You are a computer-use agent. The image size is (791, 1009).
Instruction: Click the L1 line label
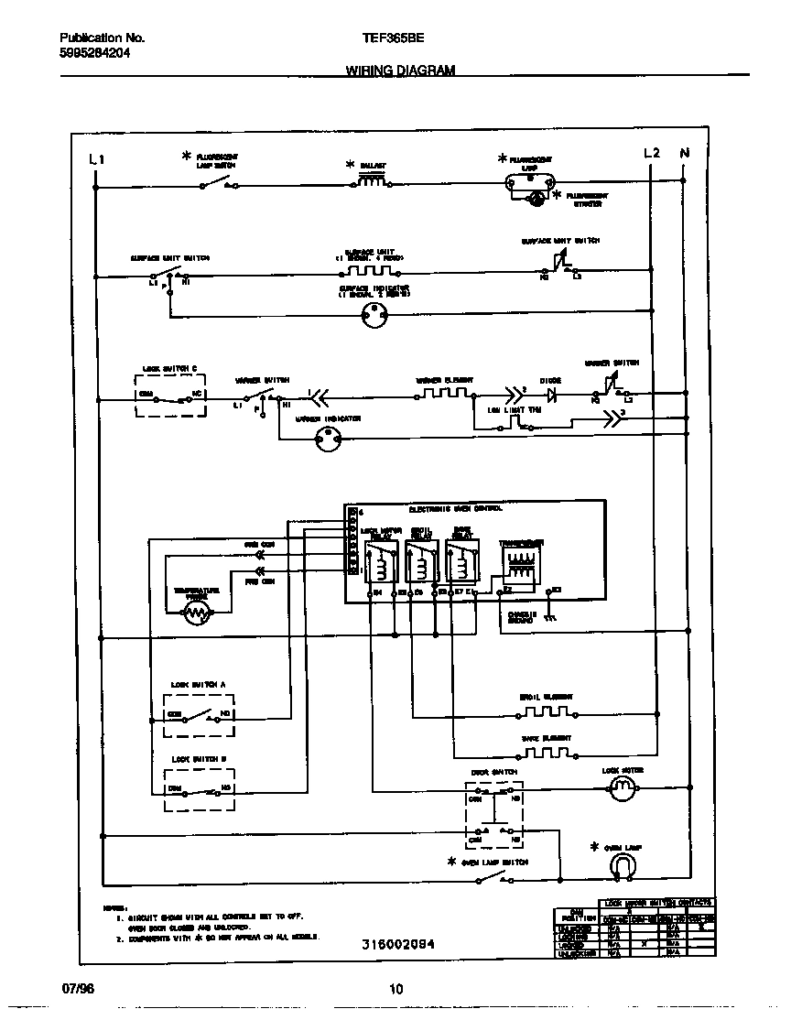pos(97,159)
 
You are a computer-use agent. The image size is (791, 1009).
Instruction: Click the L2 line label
pos(651,153)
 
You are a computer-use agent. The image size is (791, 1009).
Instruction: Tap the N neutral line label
pos(684,153)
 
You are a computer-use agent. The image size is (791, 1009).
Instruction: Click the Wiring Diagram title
pos(400,70)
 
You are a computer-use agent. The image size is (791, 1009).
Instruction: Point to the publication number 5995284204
pos(94,54)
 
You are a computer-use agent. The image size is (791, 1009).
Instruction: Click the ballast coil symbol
pos(371,182)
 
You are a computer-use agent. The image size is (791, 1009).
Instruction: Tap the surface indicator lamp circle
pos(374,318)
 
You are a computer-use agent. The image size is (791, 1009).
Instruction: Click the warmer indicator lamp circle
pos(327,440)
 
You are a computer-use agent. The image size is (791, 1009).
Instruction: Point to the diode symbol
pos(551,396)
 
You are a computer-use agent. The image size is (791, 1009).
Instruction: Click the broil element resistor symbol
pos(547,711)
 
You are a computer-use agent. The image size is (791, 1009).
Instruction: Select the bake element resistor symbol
pos(547,753)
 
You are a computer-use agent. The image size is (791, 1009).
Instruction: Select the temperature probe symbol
pos(197,614)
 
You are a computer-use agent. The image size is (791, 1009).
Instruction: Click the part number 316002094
pos(396,944)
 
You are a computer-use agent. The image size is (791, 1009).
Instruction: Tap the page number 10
pos(395,989)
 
